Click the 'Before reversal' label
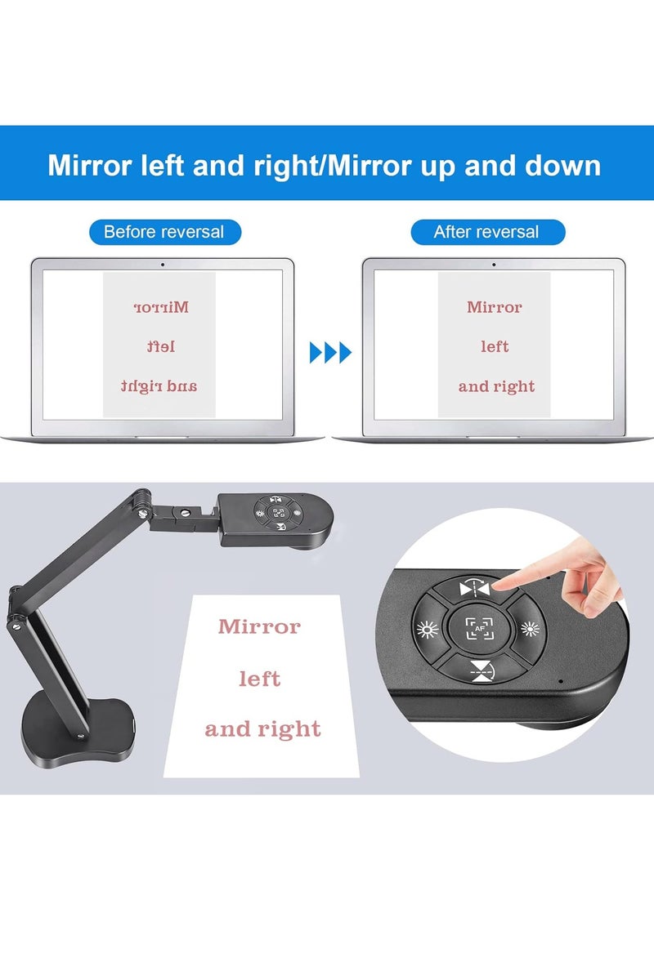tap(163, 232)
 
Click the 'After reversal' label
tap(486, 232)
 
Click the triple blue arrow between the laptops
tap(330, 353)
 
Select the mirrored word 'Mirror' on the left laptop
tap(160, 308)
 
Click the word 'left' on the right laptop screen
tap(495, 347)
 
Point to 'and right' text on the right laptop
tap(496, 386)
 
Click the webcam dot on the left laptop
tap(163, 264)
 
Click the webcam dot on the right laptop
tap(494, 264)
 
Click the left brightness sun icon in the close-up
tap(426, 630)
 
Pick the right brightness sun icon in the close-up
tap(531, 630)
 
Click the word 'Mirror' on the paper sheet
tap(259, 627)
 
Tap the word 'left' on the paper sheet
tap(259, 679)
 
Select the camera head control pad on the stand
tap(279, 514)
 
